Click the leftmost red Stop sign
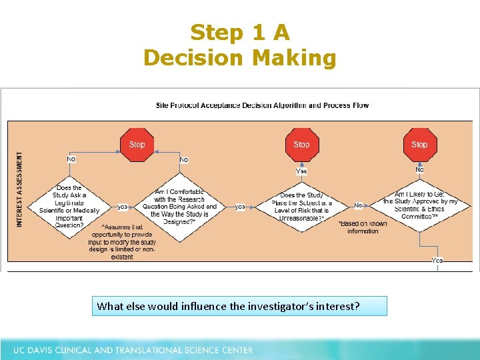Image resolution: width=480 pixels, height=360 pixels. [x=137, y=144]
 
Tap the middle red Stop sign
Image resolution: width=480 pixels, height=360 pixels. [x=301, y=144]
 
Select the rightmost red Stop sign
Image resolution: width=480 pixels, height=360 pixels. [x=419, y=144]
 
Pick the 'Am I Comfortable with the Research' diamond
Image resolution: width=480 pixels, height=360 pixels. [x=179, y=203]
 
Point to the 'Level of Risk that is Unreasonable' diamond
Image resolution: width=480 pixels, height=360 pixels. [x=301, y=207]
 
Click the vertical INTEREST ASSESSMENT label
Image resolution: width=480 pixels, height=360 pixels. [x=19, y=189]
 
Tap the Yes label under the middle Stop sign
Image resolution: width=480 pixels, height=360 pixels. [x=301, y=171]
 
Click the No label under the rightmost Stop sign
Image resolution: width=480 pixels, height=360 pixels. [x=419, y=169]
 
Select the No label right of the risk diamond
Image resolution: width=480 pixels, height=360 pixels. [x=358, y=205]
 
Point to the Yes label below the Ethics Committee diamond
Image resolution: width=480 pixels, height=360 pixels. [x=437, y=260]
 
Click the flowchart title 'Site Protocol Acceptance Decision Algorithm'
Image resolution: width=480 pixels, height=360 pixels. [x=262, y=105]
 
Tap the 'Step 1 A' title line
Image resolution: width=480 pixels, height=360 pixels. [x=239, y=33]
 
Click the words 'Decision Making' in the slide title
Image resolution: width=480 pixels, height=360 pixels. [x=239, y=58]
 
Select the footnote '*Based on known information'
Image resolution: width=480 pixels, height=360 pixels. [x=363, y=227]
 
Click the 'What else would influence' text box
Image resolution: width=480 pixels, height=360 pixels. [x=239, y=306]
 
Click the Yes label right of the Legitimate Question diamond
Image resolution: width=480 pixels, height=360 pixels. [x=123, y=207]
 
